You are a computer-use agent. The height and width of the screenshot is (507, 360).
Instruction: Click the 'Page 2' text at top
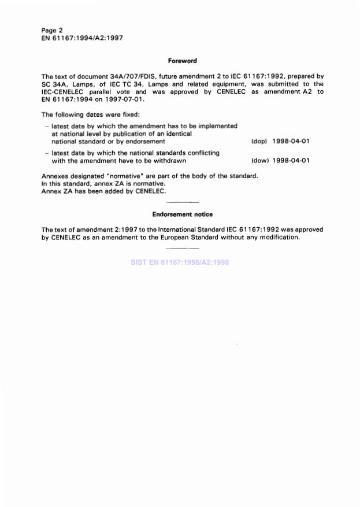(53, 29)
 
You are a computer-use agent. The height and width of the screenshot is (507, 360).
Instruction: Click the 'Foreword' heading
(183, 60)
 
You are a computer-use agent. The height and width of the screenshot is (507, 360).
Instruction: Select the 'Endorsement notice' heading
(183, 214)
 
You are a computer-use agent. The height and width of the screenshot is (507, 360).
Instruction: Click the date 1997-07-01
(125, 99)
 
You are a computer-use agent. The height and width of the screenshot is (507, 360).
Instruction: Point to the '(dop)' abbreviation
(259, 141)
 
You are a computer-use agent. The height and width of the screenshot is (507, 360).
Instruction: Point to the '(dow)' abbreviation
(259, 161)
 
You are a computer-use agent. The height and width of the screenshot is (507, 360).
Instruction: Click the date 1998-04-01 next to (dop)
(291, 141)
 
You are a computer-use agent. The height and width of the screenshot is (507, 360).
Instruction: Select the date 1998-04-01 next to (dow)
(291, 161)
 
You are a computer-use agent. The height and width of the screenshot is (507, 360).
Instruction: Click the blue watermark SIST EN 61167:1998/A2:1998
(181, 262)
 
